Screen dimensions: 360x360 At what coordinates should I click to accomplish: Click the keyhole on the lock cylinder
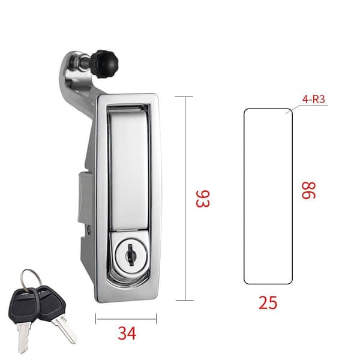point(131,255)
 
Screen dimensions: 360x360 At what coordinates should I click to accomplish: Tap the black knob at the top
point(105,64)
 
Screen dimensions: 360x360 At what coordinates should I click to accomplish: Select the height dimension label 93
point(203,199)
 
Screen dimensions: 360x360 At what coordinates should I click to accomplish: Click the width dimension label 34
point(127,333)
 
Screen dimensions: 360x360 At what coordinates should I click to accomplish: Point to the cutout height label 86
point(308,190)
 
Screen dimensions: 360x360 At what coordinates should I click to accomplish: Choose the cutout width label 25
point(268,302)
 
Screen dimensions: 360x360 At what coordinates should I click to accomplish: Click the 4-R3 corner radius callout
point(314,100)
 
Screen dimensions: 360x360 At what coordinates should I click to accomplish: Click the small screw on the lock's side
point(89,229)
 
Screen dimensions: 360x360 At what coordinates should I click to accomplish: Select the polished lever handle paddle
point(128,169)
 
